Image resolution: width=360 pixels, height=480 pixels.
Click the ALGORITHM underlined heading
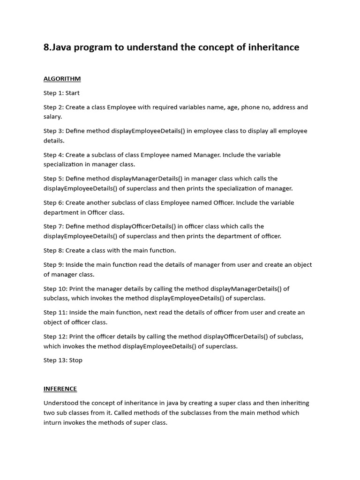click(62, 79)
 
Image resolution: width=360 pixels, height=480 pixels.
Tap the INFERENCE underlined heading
click(60, 389)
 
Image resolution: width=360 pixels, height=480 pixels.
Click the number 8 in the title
click(46, 47)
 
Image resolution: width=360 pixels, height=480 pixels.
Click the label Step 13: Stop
click(63, 360)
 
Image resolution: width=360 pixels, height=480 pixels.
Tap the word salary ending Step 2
click(52, 117)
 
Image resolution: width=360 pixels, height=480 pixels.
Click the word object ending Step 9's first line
click(302, 264)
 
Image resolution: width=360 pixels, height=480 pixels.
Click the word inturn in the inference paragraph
click(53, 422)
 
